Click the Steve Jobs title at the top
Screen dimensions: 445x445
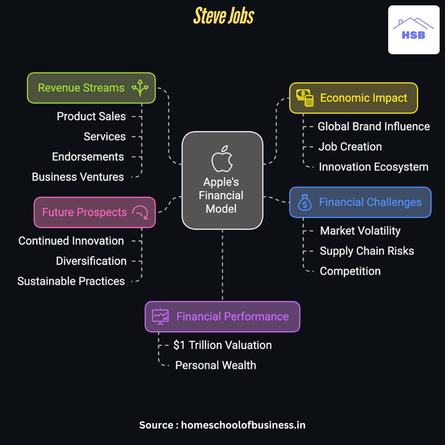(224, 16)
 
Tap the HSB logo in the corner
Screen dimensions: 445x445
(414, 30)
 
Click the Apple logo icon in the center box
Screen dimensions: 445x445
(222, 158)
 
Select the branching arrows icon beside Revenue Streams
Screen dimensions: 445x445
(140, 88)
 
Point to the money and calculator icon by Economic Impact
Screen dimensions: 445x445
(305, 98)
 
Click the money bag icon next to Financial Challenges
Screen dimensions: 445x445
(305, 202)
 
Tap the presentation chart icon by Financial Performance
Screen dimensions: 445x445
(160, 316)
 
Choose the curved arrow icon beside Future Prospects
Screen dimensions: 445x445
(140, 212)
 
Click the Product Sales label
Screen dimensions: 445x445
(91, 116)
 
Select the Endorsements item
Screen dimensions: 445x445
(88, 157)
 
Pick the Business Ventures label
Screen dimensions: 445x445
(78, 177)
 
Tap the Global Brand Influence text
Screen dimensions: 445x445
(374, 126)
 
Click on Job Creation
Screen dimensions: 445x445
(350, 147)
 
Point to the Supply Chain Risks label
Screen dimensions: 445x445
(367, 251)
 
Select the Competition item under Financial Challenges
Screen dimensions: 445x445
(350, 271)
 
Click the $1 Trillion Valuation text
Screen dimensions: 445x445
(222, 345)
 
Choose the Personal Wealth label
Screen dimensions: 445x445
(215, 365)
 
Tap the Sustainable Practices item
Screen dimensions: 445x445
(71, 281)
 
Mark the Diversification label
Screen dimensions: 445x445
(91, 261)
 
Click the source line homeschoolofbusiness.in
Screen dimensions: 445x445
(222, 425)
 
